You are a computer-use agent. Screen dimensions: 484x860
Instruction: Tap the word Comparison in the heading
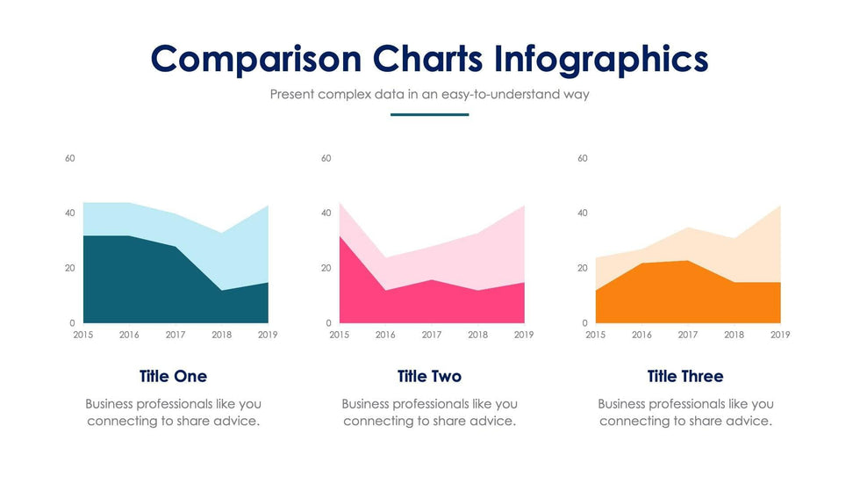click(x=256, y=59)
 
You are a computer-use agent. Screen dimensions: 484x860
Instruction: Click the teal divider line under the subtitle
click(x=429, y=114)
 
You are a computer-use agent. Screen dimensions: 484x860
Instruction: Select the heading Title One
click(x=173, y=377)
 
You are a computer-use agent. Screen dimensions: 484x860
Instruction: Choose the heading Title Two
click(x=429, y=377)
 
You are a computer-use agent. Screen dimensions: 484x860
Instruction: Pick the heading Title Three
click(x=685, y=377)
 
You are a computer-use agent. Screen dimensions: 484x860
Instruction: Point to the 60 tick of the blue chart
click(x=70, y=159)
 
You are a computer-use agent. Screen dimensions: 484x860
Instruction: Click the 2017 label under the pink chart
click(x=432, y=335)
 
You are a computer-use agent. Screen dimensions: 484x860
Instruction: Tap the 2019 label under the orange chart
click(x=780, y=335)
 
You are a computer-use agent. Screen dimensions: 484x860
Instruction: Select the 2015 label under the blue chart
click(x=83, y=335)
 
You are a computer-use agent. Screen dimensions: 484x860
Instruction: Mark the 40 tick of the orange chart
click(x=583, y=213)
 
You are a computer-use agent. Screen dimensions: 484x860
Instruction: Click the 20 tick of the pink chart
click(x=326, y=268)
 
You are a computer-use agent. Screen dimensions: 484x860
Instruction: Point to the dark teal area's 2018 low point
click(x=222, y=291)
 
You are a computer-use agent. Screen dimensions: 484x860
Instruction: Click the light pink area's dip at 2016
click(x=385, y=258)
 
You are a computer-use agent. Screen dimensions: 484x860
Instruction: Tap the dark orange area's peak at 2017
click(x=688, y=261)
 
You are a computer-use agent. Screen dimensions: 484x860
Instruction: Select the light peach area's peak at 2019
click(x=779, y=206)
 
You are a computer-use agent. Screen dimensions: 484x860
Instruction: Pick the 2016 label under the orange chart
click(x=641, y=335)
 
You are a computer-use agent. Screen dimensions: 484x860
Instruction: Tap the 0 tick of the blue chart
click(x=73, y=323)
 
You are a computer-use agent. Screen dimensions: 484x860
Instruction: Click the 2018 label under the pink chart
click(x=477, y=335)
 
